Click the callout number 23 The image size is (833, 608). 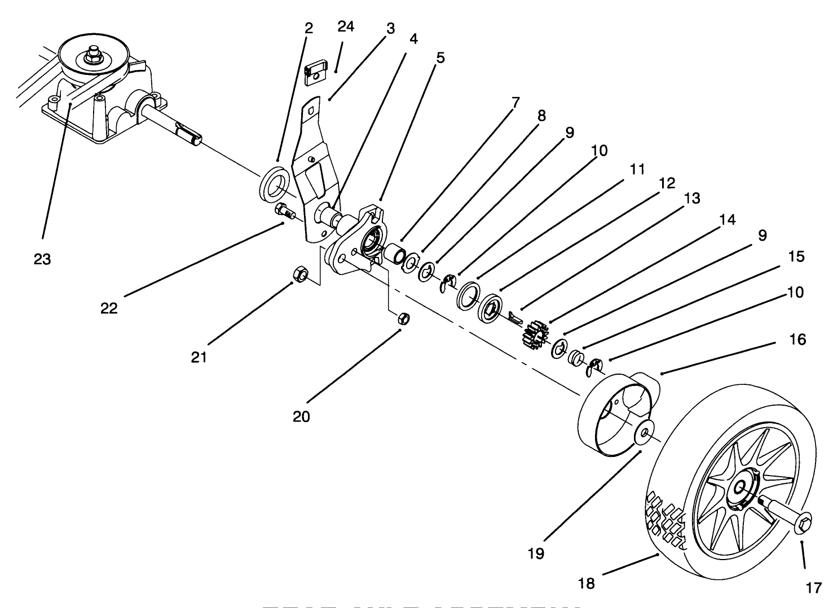click(x=42, y=259)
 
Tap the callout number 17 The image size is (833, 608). click(x=813, y=588)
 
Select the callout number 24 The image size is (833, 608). click(x=346, y=26)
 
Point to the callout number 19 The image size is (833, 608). click(x=536, y=554)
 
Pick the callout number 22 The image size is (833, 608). click(x=109, y=308)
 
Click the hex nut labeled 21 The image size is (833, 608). click(x=301, y=275)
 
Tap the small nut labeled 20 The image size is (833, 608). click(x=403, y=318)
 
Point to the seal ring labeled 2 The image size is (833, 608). click(x=274, y=182)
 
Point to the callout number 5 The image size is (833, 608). click(x=440, y=57)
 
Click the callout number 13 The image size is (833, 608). click(x=691, y=198)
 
